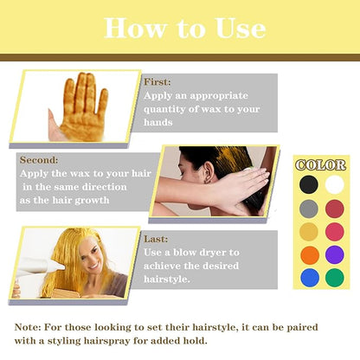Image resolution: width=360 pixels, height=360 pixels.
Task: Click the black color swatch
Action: tap(309, 184)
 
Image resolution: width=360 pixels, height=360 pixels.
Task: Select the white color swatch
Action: tap(334, 184)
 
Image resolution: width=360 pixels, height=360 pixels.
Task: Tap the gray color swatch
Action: tap(309, 209)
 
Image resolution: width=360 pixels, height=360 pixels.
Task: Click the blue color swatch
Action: tap(309, 278)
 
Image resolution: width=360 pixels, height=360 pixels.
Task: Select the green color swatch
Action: tap(334, 278)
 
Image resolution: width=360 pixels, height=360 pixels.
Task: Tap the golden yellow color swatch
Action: tap(309, 232)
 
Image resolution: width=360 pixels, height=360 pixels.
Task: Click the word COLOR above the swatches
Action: tap(321, 164)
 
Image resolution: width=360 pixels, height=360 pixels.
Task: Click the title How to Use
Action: tap(184, 28)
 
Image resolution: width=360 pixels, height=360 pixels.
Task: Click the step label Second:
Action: tap(38, 160)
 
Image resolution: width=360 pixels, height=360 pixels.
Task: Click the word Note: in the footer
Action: tap(33, 328)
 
